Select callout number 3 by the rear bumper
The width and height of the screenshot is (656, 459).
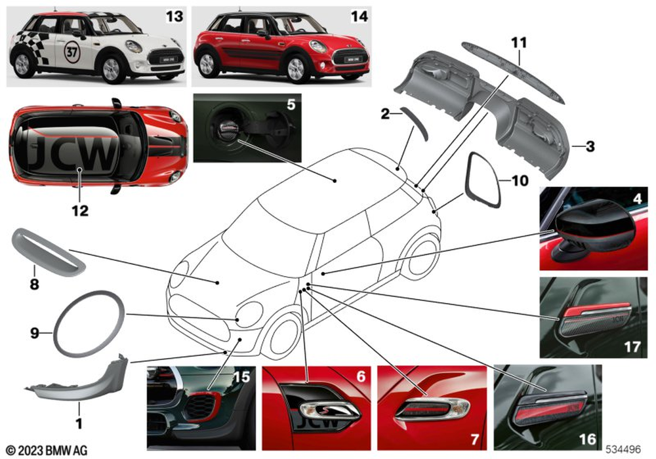point(590,148)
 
